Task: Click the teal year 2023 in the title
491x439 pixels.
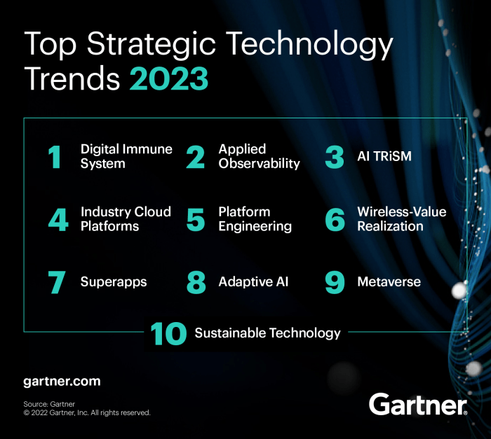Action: pos(169,79)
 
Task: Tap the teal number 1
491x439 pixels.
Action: pos(55,157)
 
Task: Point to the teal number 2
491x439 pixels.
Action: pos(195,157)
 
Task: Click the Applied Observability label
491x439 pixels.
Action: pos(259,157)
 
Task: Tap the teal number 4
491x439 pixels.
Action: pos(58,219)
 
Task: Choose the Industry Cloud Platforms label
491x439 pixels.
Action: pos(126,219)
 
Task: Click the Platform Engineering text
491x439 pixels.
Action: pos(255,219)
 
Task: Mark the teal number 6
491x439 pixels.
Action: pos(335,219)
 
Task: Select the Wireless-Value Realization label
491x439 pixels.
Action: pos(401,219)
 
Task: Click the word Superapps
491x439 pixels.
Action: pos(114,282)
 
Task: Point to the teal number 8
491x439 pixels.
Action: pos(196,282)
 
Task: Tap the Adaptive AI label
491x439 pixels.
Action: pos(253,282)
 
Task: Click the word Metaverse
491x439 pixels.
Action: pos(389,282)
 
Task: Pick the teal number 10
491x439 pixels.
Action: pos(168,333)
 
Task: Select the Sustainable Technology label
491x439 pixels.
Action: pos(267,333)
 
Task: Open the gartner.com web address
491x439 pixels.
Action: pos(62,382)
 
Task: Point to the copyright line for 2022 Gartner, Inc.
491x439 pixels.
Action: pos(87,413)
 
